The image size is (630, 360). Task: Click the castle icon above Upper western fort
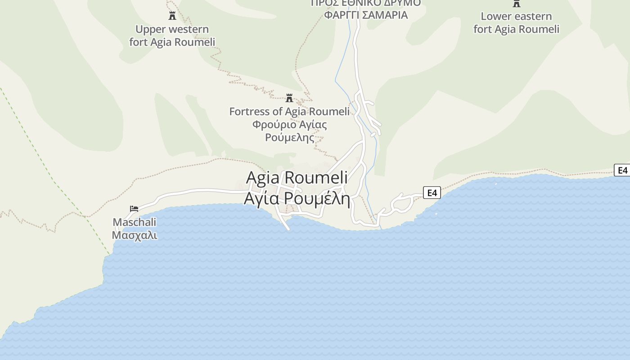[172, 16]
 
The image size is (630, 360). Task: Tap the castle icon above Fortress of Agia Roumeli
[289, 98]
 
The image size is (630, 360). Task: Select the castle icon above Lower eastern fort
[517, 4]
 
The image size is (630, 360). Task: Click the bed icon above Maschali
[134, 209]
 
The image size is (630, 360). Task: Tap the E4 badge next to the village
[432, 193]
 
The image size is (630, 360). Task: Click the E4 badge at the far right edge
[622, 170]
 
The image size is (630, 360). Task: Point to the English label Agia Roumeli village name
[297, 178]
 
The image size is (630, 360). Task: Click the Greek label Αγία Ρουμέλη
[297, 198]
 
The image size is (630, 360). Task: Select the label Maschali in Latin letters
[135, 222]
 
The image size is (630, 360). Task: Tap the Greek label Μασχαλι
[135, 235]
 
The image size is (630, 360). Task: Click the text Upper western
[172, 30]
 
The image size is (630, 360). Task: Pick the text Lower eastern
[516, 17]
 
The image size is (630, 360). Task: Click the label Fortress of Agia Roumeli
[289, 112]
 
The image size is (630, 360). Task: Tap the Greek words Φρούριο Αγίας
[289, 125]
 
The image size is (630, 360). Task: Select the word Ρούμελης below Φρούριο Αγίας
[289, 138]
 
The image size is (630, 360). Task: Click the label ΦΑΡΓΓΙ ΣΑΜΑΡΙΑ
[366, 15]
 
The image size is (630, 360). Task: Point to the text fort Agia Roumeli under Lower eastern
[516, 29]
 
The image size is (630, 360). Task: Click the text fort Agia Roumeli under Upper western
[172, 42]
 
